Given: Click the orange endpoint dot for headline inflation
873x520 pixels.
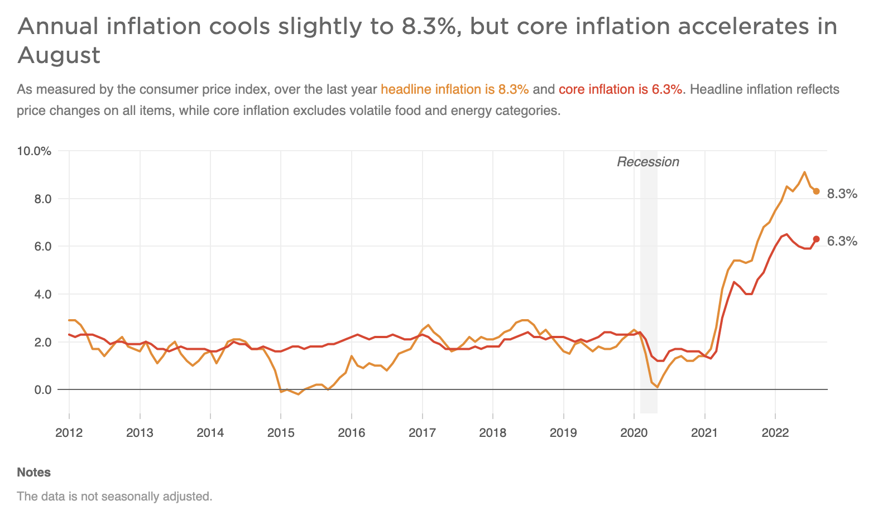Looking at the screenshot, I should tap(816, 191).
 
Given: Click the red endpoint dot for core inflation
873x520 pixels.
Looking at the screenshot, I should tap(816, 239).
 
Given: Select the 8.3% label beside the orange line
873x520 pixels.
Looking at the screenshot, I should tap(842, 194).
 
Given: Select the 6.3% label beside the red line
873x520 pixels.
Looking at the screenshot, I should tap(842, 242).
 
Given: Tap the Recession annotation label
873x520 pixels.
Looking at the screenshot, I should tap(647, 162).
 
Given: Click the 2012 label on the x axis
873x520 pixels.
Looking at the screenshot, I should tap(69, 432).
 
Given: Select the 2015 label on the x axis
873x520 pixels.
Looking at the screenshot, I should tap(281, 432).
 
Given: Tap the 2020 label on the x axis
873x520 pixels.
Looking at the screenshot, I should tap(634, 432).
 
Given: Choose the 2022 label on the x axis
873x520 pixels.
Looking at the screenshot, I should tap(775, 432).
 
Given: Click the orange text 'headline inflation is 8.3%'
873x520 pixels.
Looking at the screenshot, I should tap(454, 89).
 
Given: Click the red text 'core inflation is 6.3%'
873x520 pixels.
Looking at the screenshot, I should tap(620, 89).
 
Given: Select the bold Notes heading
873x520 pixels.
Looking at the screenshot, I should tap(33, 473).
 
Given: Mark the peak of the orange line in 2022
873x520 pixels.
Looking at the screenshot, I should tap(804, 172).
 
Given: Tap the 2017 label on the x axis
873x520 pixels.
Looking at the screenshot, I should tap(423, 432).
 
